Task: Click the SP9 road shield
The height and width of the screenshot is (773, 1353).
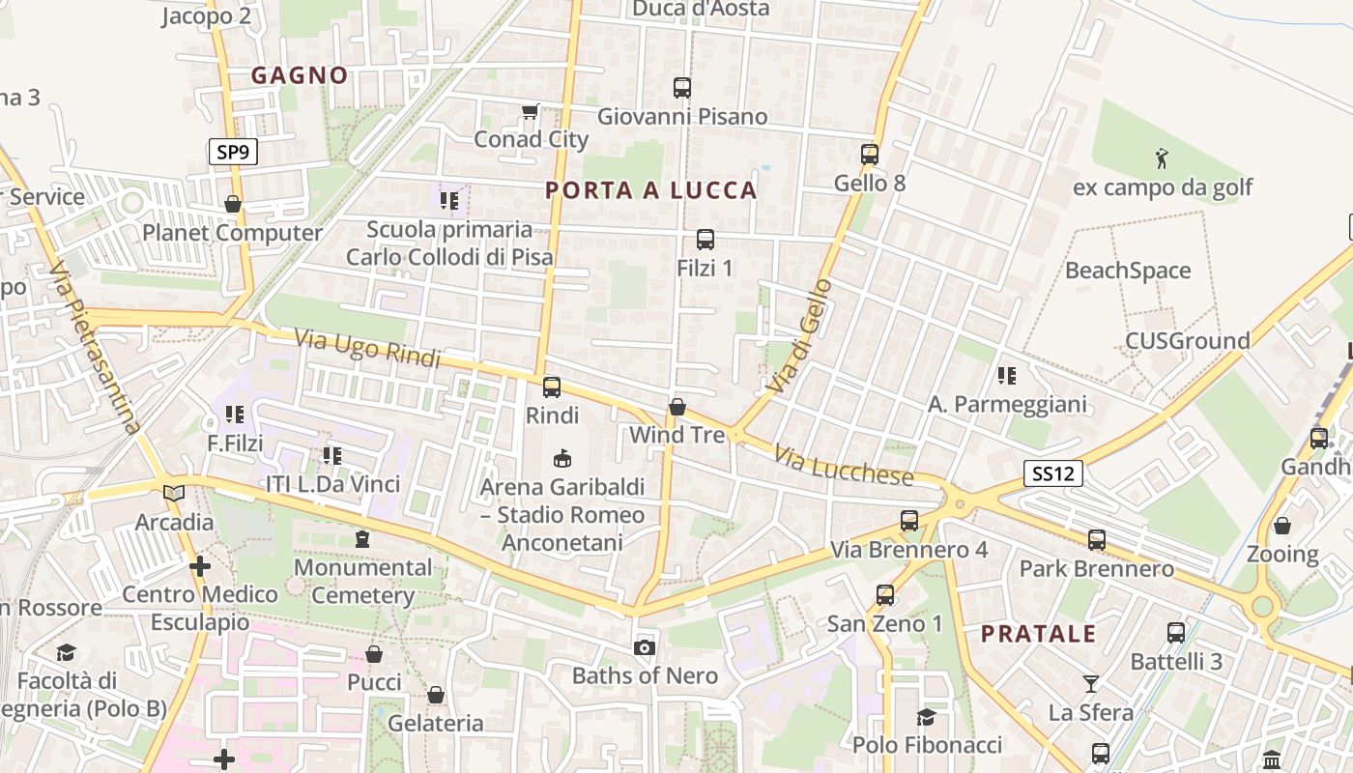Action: [x=233, y=152]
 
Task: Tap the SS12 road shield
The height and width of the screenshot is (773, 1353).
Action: [x=1053, y=473]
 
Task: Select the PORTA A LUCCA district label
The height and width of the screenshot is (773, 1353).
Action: [x=651, y=190]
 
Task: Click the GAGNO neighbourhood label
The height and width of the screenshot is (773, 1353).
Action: [x=300, y=75]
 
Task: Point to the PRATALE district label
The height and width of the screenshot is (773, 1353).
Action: [x=1039, y=634]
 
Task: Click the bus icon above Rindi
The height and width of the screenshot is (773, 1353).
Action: [x=552, y=387]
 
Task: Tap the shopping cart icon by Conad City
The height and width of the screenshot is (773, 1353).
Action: [x=530, y=112]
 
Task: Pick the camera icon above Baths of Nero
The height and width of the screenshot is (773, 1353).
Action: [x=645, y=647]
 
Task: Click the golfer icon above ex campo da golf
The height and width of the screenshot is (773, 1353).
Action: [x=1162, y=158]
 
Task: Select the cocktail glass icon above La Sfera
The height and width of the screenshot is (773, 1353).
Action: [x=1091, y=684]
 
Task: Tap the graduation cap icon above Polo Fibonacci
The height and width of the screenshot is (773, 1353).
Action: [x=926, y=717]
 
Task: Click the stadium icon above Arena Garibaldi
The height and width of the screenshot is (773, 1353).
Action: [x=561, y=458]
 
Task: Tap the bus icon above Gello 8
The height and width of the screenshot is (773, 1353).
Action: [x=870, y=154]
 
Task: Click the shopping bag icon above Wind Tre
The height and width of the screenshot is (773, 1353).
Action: [x=677, y=407]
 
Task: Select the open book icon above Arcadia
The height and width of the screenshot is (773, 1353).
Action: [x=174, y=494]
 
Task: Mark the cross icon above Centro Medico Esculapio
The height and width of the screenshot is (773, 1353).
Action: [x=200, y=566]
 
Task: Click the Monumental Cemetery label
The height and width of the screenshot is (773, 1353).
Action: [x=362, y=581]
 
